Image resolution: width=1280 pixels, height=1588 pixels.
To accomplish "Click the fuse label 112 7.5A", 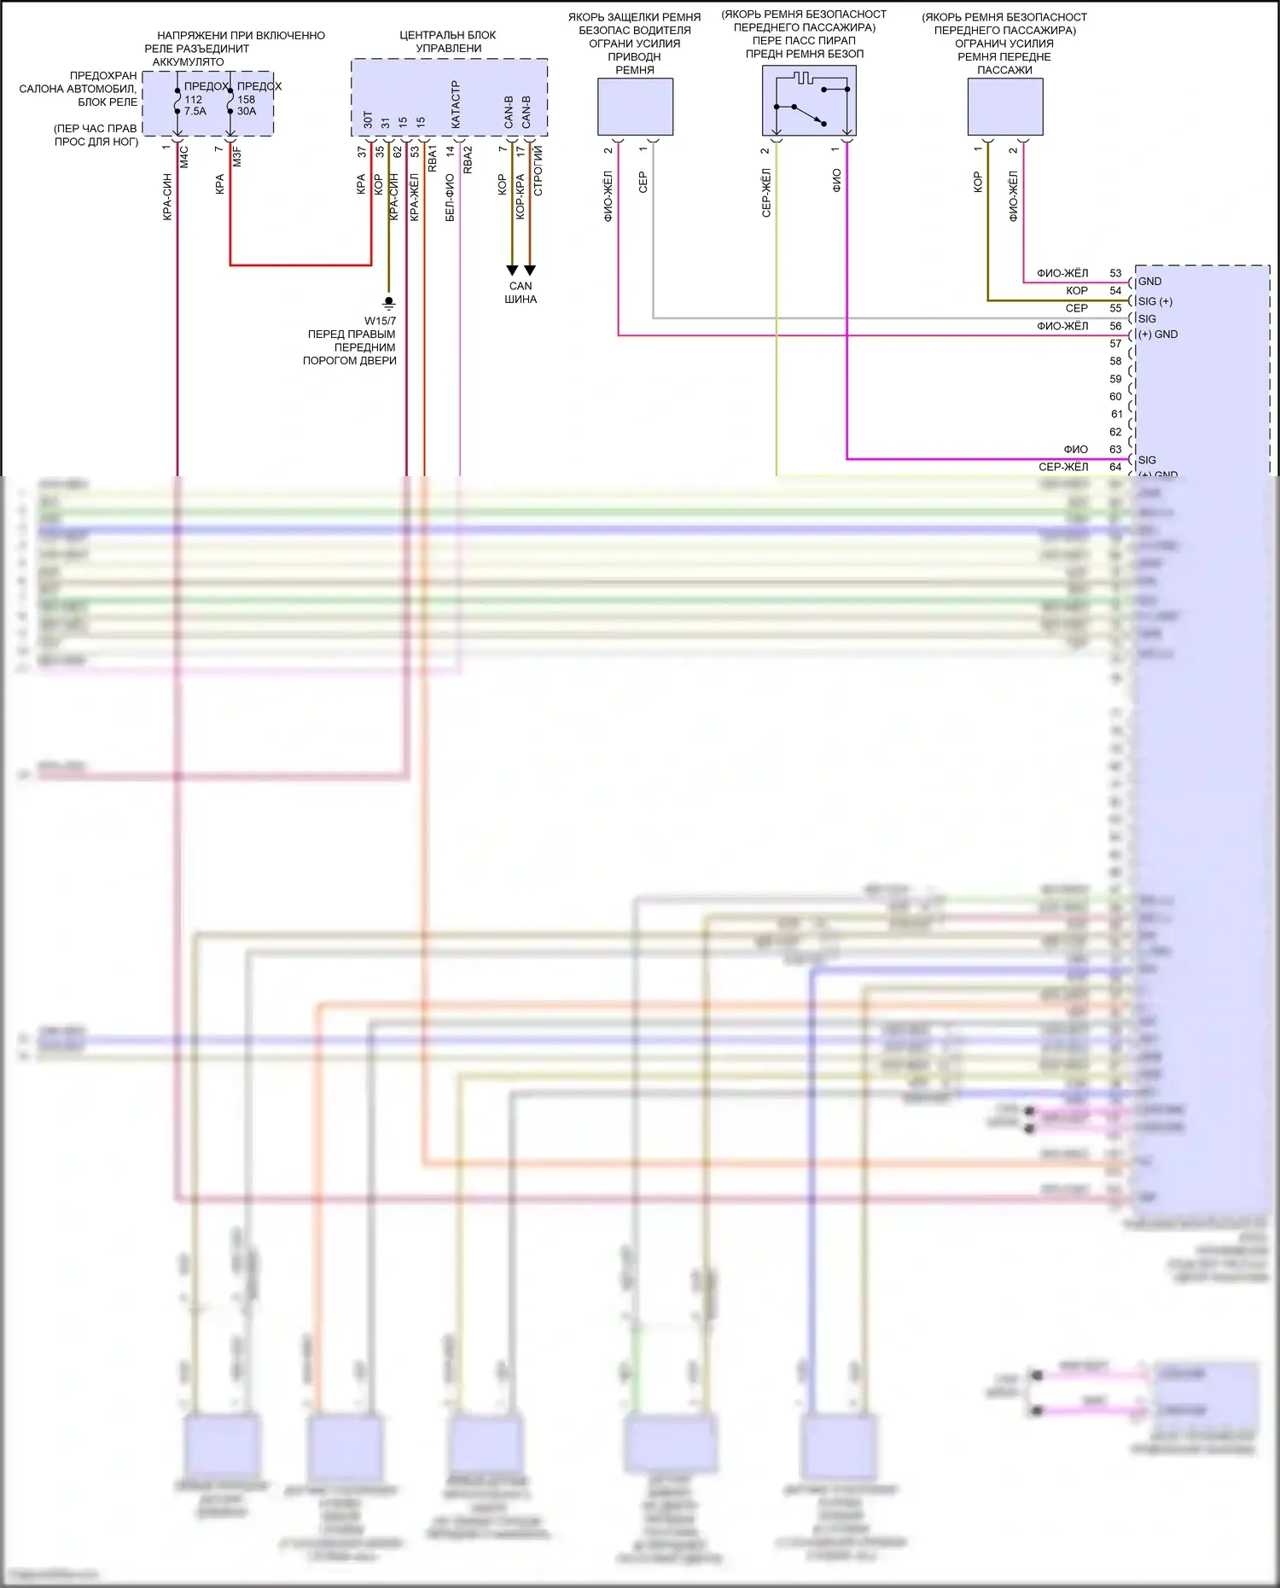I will tap(195, 105).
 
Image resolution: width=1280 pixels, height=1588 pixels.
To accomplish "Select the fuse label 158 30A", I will tap(247, 105).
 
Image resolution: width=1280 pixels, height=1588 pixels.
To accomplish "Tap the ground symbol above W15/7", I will tap(388, 302).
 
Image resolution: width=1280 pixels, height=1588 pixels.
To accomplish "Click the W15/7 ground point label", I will tap(381, 321).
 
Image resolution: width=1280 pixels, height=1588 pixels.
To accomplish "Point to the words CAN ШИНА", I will tap(521, 293).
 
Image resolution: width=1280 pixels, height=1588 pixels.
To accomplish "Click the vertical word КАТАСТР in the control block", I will tap(456, 106).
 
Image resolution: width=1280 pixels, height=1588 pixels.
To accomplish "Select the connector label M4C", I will tap(184, 156).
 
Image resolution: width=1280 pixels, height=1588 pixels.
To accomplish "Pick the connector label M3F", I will tap(237, 156).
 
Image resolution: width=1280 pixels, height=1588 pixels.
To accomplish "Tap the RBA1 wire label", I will tap(433, 159).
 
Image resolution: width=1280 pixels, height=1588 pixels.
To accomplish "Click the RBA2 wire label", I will tap(468, 160).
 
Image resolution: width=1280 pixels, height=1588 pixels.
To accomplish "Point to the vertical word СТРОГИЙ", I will tap(538, 171).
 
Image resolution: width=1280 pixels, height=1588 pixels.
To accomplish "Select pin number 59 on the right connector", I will tap(1115, 379).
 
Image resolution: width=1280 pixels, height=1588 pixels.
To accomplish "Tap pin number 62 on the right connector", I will tap(1115, 432).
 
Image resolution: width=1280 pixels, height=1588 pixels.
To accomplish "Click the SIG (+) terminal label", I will tap(1155, 301).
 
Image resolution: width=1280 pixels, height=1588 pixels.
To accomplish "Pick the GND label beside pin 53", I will tap(1149, 282).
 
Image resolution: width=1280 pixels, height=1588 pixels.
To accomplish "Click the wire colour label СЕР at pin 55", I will tap(1077, 308).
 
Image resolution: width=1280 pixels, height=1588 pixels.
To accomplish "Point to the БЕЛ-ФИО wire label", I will tap(450, 198).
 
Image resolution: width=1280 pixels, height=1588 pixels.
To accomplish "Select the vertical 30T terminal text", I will tap(368, 119).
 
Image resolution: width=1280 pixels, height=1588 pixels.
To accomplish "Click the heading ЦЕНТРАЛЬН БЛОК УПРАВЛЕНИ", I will tap(448, 41).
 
